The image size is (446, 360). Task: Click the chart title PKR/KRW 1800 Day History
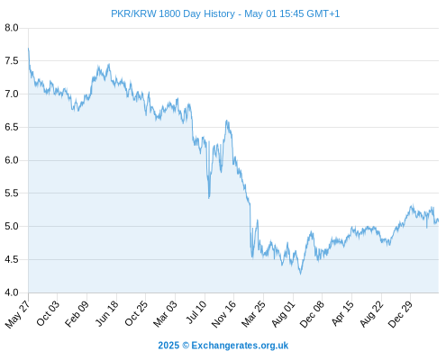(173, 13)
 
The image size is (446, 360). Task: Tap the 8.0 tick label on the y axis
(12, 28)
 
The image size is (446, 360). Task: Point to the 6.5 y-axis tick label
(12, 127)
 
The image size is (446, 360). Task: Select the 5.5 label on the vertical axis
(12, 193)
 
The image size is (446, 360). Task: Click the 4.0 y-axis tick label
(12, 292)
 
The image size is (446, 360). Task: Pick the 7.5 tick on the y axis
(12, 61)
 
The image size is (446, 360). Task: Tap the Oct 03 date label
(48, 313)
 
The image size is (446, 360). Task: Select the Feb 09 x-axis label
(77, 314)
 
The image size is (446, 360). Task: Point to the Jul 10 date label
(196, 312)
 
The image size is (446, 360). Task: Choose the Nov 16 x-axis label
(223, 314)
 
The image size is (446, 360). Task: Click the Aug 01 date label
(284, 314)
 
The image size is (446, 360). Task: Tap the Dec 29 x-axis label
(400, 314)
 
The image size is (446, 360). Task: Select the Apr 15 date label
(342, 313)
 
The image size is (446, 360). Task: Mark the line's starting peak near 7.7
(28, 48)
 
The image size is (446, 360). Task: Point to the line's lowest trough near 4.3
(300, 274)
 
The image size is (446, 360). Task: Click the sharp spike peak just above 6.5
(227, 121)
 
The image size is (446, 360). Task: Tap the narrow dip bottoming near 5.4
(209, 198)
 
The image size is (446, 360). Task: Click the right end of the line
(439, 221)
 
